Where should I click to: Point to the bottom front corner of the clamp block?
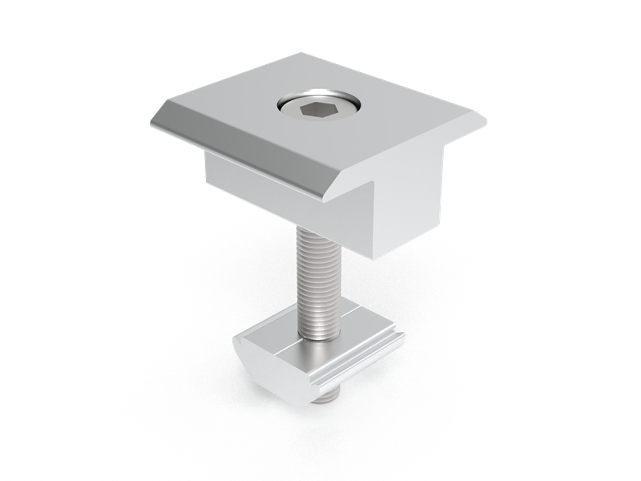coord(381,258)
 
